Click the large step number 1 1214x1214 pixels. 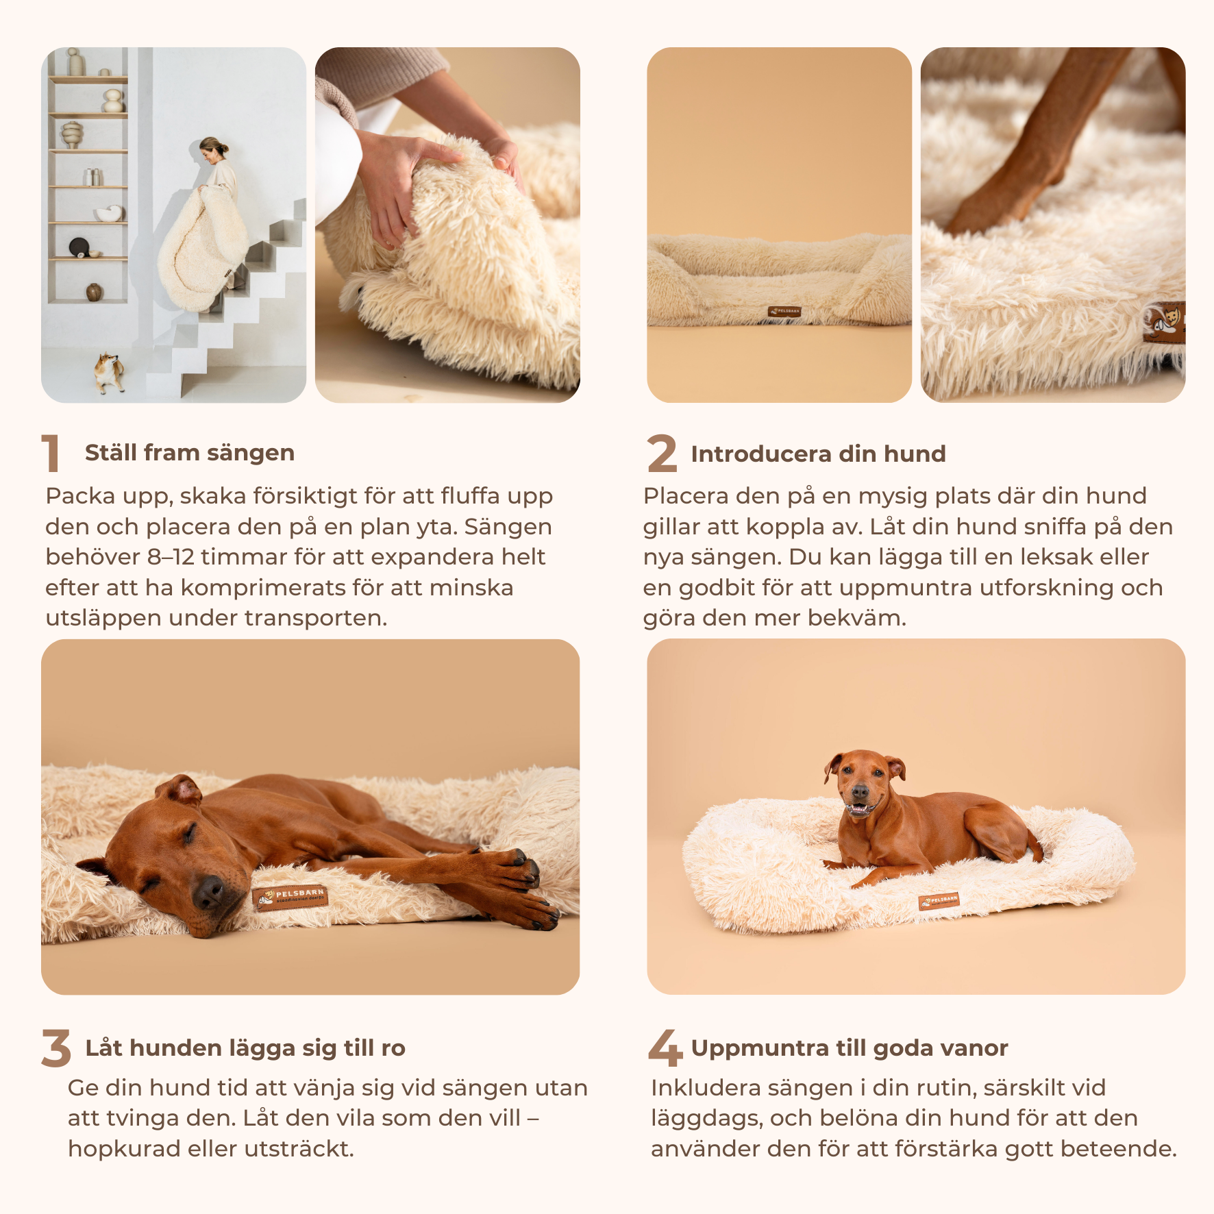tap(51, 453)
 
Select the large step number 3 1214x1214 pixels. tap(56, 1048)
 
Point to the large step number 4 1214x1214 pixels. tap(665, 1048)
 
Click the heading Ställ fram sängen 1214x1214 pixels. tap(190, 453)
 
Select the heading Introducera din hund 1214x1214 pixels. tap(818, 454)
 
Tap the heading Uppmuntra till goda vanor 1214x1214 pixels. tap(850, 1048)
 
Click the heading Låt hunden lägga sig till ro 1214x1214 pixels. tap(245, 1048)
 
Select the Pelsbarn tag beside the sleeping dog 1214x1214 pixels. tap(290, 897)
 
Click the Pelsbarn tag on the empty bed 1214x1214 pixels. tap(784, 311)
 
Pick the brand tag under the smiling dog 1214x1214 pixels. tap(939, 901)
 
